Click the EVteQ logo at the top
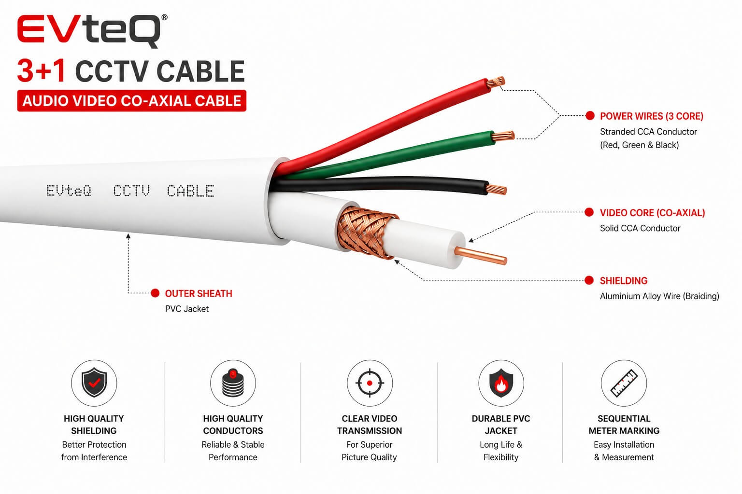click(92, 31)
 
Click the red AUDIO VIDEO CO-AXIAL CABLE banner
click(131, 101)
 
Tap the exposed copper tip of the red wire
click(496, 82)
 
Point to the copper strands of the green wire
click(503, 136)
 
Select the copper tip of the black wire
click(496, 190)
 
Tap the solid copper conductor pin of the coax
click(480, 256)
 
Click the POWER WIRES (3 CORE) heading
click(651, 116)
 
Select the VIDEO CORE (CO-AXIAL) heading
click(652, 213)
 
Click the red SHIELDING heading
click(624, 281)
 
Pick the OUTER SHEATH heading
click(199, 293)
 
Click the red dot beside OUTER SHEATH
click(155, 293)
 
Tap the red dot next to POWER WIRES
click(590, 115)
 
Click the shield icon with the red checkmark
click(94, 383)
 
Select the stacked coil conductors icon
click(233, 383)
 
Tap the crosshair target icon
click(370, 383)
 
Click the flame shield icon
click(501, 383)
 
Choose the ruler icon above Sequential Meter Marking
click(624, 383)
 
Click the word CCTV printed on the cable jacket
click(131, 191)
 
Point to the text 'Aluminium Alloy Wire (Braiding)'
click(659, 296)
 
